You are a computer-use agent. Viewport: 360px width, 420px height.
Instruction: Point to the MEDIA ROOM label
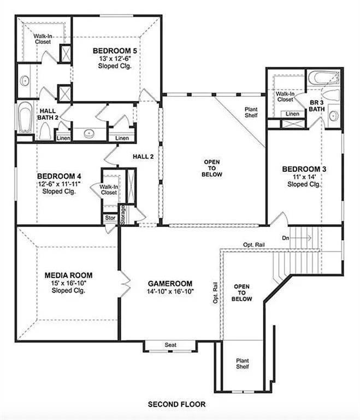(x=68, y=275)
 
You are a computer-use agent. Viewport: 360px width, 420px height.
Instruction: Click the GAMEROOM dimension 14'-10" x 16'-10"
(x=170, y=292)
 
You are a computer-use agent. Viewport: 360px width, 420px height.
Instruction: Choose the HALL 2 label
(x=143, y=156)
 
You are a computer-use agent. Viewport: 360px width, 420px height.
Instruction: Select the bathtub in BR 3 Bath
(x=322, y=79)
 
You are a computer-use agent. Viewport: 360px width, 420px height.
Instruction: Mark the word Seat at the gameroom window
(x=170, y=345)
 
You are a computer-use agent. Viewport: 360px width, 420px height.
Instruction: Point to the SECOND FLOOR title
(x=177, y=405)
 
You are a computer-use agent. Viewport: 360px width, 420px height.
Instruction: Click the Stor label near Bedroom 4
(x=110, y=218)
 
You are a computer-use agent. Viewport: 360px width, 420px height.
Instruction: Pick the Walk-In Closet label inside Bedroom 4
(x=109, y=189)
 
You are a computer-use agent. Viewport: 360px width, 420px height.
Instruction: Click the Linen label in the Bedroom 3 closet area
(x=293, y=114)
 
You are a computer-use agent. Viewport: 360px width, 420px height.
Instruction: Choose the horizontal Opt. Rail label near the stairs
(x=255, y=244)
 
